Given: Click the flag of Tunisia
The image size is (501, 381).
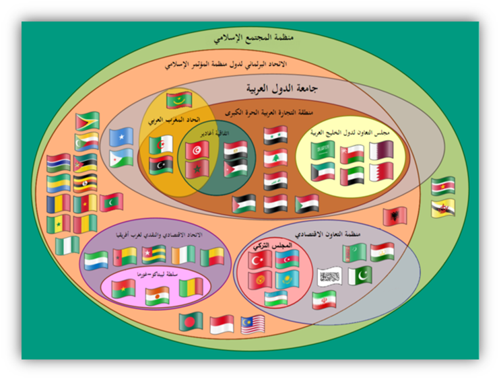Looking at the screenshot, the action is [x=197, y=150].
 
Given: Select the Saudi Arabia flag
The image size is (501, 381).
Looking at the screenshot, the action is [x=323, y=150].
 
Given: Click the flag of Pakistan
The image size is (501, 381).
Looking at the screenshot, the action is [x=361, y=275].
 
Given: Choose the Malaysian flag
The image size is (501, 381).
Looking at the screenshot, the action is [x=255, y=324].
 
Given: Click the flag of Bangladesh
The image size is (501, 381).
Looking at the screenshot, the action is [x=191, y=321].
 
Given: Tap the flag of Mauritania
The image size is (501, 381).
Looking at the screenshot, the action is [x=179, y=100].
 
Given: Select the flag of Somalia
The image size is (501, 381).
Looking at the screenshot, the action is [x=122, y=137].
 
